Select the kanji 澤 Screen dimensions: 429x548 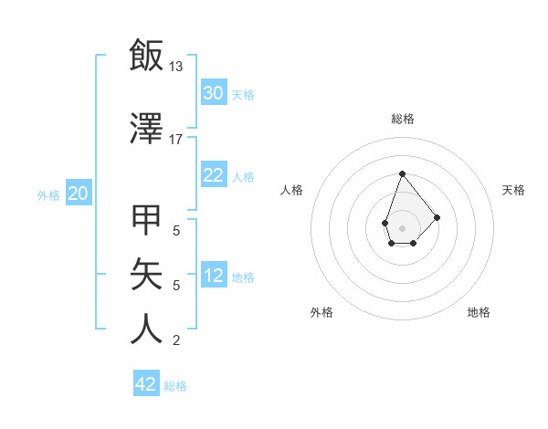(x=146, y=130)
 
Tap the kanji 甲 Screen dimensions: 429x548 (x=146, y=222)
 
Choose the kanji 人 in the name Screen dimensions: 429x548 (x=146, y=329)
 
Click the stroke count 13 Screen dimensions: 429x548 (x=176, y=66)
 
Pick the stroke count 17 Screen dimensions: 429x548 (x=176, y=140)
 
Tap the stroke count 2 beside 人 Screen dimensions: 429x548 (x=176, y=340)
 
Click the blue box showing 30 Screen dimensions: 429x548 (x=213, y=92)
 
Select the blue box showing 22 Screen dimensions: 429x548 (x=213, y=175)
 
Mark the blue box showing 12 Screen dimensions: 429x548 (x=213, y=276)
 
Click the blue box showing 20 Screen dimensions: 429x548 (x=79, y=193)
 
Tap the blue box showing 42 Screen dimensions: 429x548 (x=146, y=384)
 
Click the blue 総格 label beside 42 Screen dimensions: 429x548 (x=175, y=386)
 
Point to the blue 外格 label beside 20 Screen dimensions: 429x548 (x=48, y=194)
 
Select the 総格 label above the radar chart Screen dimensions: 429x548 (x=402, y=119)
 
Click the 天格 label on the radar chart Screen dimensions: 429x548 (x=513, y=190)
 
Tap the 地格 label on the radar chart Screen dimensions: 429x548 (x=479, y=312)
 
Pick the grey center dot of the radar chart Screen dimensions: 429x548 (x=402, y=226)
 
